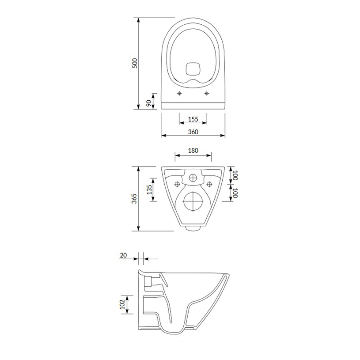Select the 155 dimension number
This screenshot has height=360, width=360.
tap(193, 120)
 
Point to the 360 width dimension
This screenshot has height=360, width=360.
tap(193, 132)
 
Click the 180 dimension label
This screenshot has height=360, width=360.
tap(193, 150)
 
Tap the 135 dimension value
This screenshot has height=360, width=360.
tap(149, 190)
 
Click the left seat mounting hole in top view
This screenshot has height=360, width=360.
tap(179, 93)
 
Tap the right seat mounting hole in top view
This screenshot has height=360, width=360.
tap(207, 93)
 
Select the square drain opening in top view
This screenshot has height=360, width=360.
tap(193, 68)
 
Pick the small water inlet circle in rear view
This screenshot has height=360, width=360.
tap(193, 178)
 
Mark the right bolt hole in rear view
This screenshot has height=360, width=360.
tap(208, 183)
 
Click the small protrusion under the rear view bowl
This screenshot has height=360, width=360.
tap(193, 228)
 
